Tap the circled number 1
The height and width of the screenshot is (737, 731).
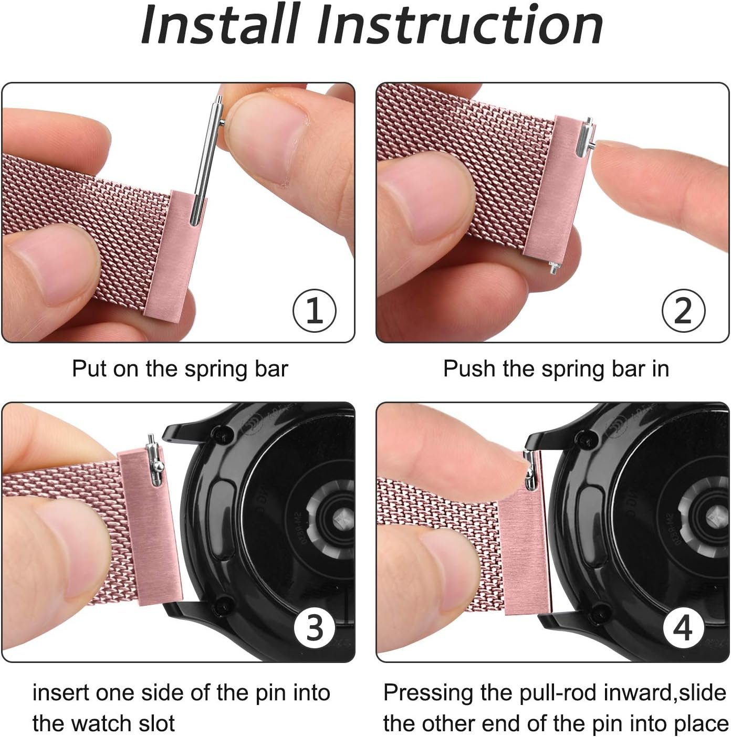coord(314,311)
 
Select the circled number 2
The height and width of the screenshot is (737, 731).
coord(683,311)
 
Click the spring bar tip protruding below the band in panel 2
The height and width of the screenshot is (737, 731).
coord(553,267)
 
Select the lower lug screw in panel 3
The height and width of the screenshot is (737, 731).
coord(224,604)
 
